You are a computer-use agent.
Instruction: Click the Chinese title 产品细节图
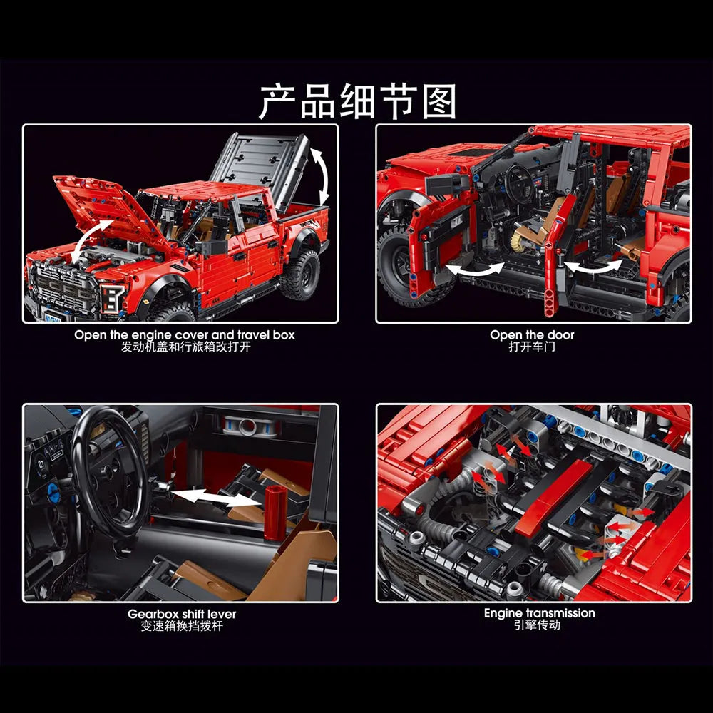[x=357, y=101]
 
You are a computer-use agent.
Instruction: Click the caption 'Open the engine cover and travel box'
[x=184, y=335]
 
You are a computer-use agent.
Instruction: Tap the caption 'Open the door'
[x=532, y=335]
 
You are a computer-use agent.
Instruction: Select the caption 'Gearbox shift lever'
[x=182, y=615]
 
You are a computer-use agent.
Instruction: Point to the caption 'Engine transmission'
[x=539, y=613]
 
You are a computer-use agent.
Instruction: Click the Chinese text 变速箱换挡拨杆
[x=182, y=626]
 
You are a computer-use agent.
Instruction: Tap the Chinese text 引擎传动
[x=537, y=625]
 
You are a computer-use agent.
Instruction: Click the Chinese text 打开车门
[x=532, y=347]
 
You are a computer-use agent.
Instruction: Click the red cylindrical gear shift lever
[x=275, y=512]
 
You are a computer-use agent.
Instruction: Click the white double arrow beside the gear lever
[x=217, y=497]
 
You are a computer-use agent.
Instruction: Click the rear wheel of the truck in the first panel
[x=300, y=275]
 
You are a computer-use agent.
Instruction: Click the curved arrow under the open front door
[x=475, y=270]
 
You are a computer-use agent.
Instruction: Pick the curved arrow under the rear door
[x=593, y=267]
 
